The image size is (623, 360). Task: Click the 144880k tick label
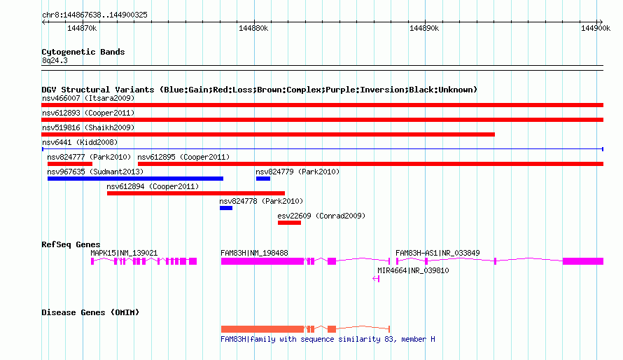(253, 28)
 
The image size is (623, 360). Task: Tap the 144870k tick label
(82, 28)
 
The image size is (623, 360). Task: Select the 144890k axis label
(424, 28)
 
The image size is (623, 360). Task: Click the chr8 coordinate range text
(94, 15)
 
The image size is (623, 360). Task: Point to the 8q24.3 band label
(55, 60)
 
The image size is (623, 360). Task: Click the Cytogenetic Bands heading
(83, 52)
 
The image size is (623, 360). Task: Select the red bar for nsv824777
(70, 164)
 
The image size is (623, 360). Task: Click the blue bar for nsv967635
(135, 179)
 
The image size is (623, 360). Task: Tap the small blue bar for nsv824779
(263, 179)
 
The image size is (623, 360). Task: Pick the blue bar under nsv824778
(226, 208)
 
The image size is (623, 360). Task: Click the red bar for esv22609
(289, 223)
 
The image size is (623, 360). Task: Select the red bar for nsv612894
(196, 193)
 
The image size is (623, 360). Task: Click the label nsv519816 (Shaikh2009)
(88, 127)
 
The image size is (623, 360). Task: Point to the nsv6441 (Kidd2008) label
(80, 142)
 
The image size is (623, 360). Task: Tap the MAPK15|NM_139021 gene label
(124, 253)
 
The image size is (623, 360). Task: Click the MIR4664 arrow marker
(376, 279)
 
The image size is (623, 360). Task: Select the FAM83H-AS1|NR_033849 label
(437, 253)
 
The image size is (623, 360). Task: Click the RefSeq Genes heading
(71, 244)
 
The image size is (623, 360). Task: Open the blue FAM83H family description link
(328, 339)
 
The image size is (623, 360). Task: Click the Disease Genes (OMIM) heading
(90, 312)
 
